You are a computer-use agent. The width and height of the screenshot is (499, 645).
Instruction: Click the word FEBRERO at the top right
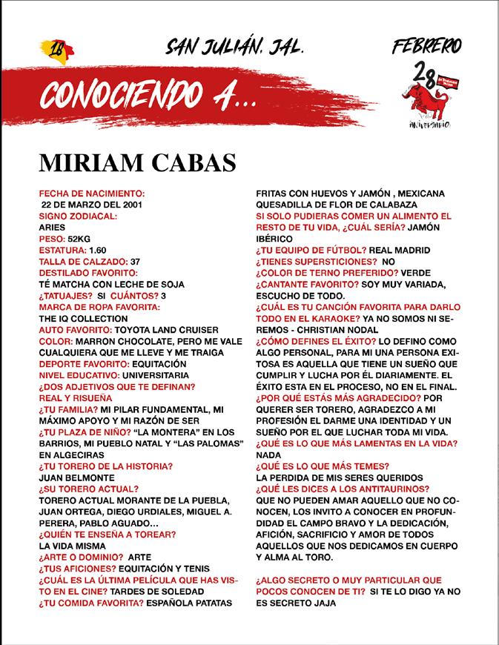(426, 46)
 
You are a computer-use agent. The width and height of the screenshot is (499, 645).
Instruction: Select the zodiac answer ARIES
(53, 228)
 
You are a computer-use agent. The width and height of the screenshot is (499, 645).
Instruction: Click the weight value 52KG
(79, 239)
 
